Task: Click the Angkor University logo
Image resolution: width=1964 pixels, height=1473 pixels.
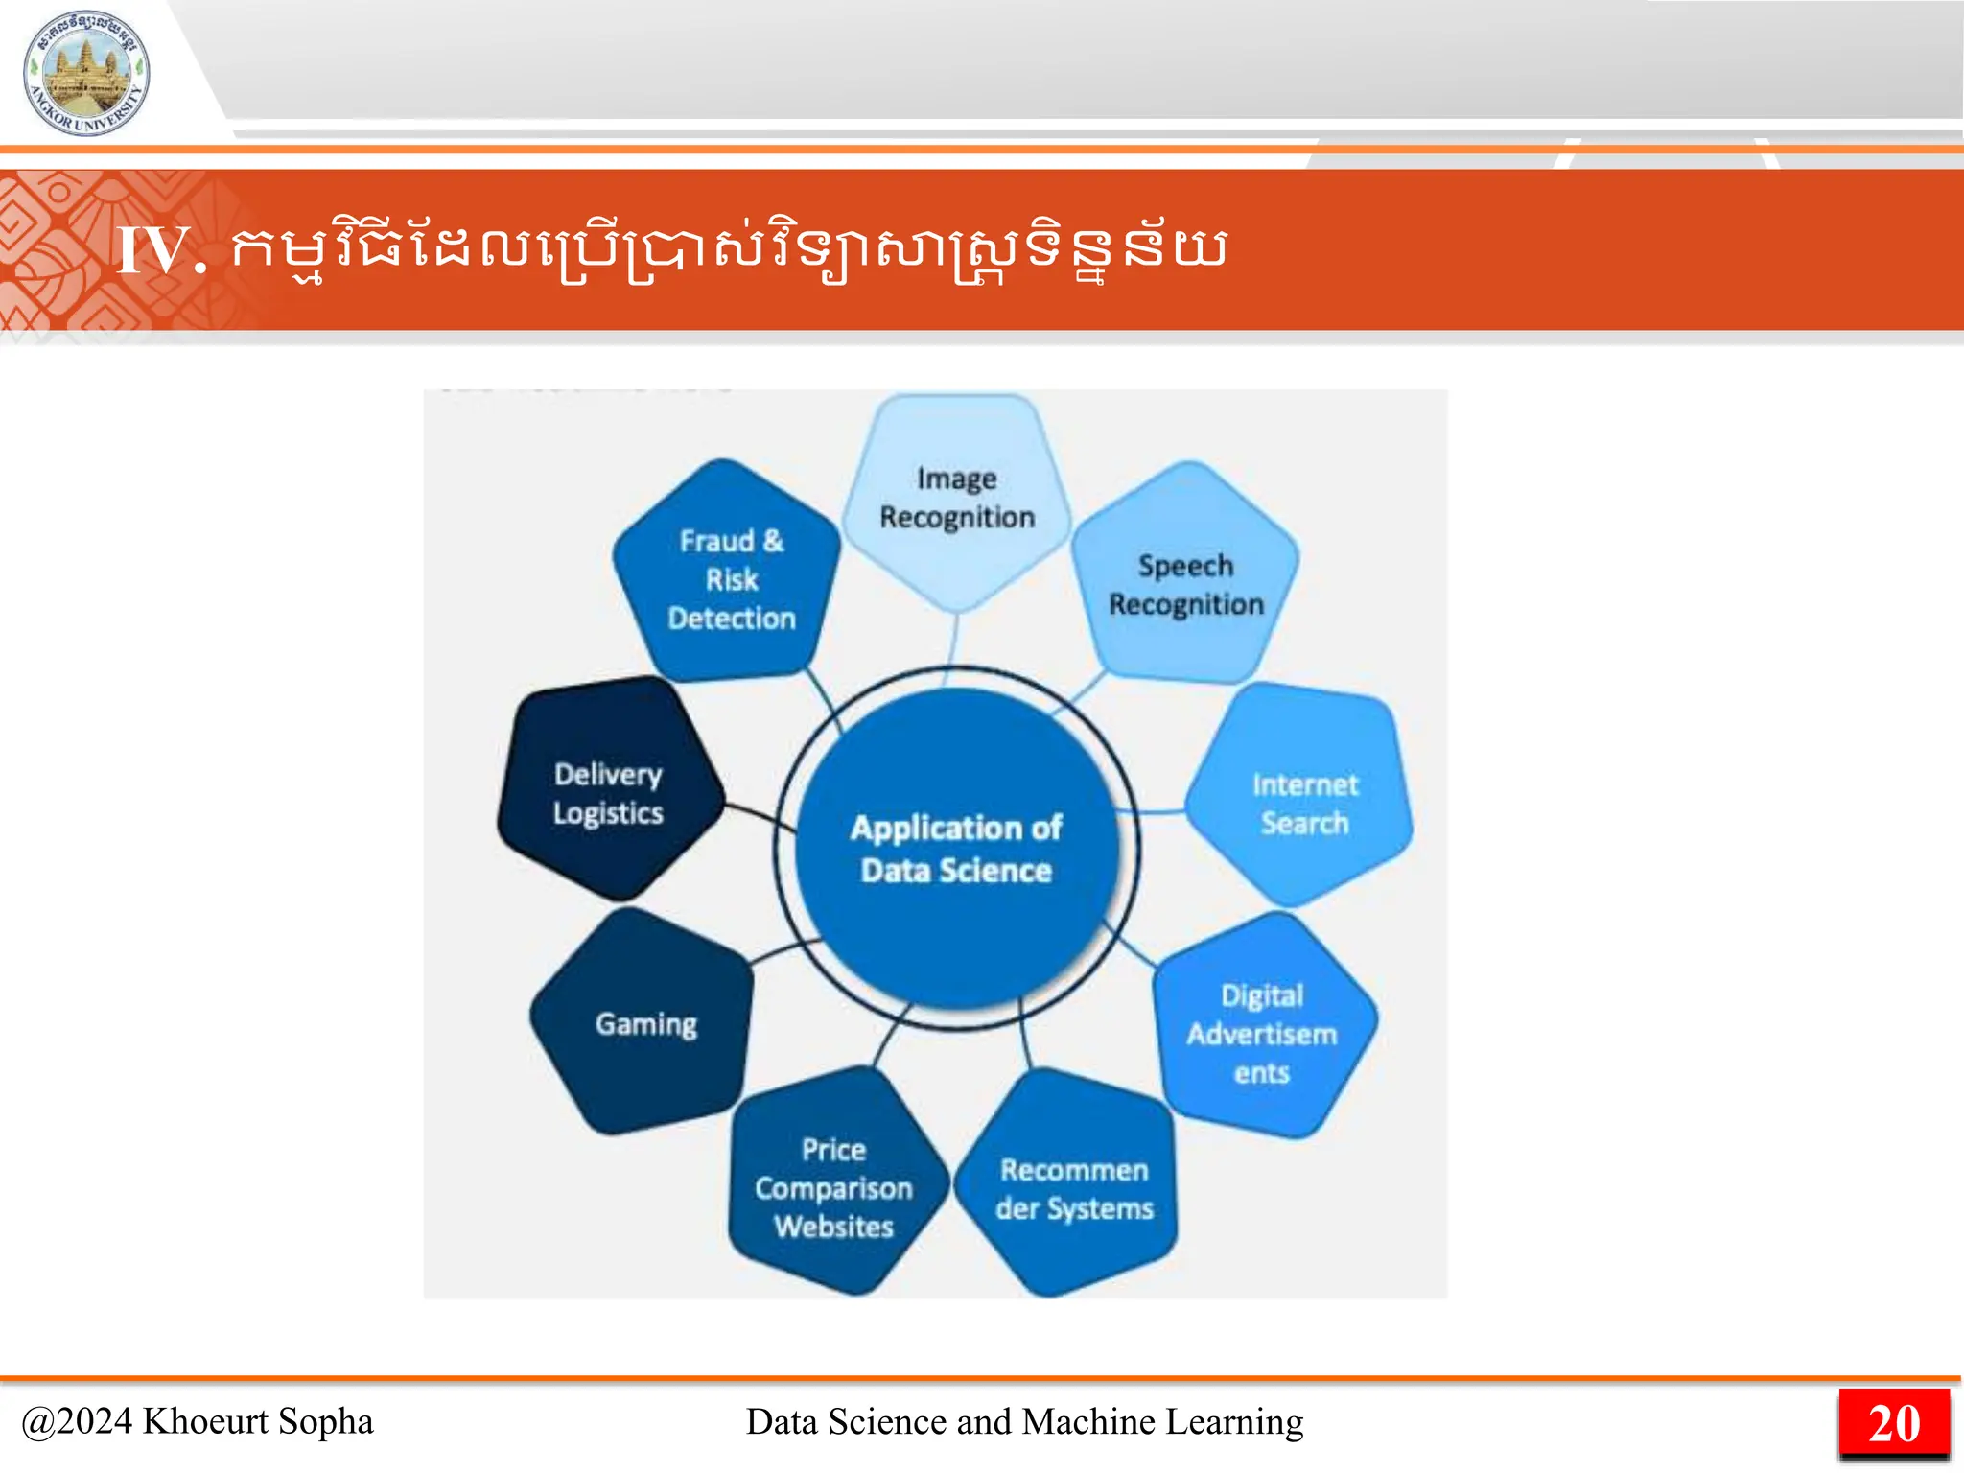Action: point(86,73)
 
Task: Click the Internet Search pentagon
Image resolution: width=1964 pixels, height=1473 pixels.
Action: point(1302,802)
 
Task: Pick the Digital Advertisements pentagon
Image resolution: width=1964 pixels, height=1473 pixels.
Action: point(1262,1032)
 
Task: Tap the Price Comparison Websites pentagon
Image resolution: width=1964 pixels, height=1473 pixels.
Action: point(833,1185)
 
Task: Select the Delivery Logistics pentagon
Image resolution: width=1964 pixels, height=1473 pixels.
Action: point(609,792)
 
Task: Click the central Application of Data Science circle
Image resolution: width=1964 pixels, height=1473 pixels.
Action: point(956,849)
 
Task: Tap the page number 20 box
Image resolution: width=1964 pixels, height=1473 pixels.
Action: point(1894,1423)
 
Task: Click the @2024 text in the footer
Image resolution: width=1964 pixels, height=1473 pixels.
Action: point(77,1421)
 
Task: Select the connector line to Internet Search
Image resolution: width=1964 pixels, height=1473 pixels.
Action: point(1160,812)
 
